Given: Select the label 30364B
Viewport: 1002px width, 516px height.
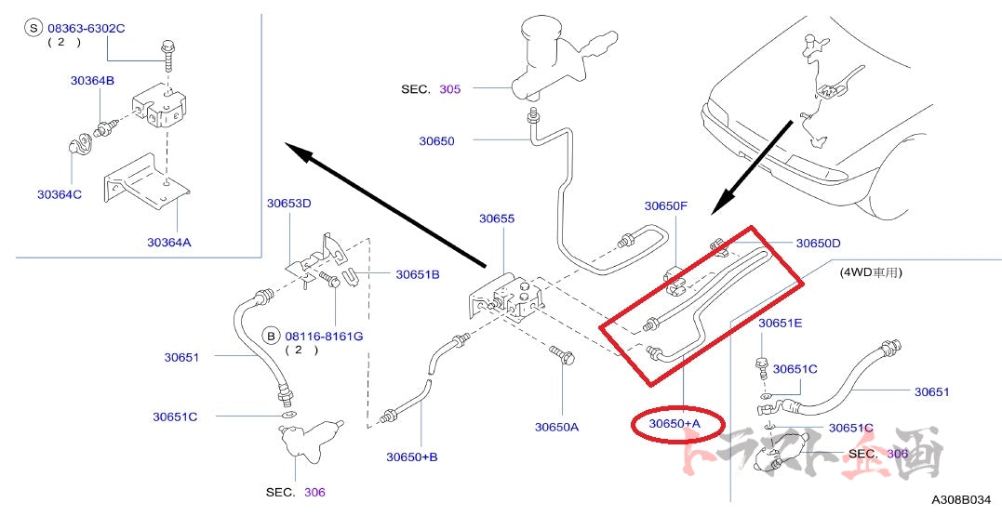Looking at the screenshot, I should tap(92, 81).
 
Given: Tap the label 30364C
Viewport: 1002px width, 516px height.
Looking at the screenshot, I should tap(60, 194).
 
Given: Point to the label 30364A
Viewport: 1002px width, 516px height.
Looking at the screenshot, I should tap(168, 243).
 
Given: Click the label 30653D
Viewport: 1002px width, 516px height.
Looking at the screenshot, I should tap(288, 203).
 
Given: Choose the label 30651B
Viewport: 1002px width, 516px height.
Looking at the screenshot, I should tap(418, 274).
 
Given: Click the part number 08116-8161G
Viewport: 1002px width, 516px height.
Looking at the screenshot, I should tap(324, 336).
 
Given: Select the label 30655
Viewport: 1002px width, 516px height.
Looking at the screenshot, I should tap(497, 219).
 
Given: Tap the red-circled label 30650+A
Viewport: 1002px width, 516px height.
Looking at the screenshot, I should tap(675, 424).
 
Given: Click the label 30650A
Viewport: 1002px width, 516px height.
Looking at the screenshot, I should tap(556, 427).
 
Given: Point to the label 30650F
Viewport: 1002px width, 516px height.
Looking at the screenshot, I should tap(666, 206).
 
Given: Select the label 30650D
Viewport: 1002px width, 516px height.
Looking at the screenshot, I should tap(818, 244).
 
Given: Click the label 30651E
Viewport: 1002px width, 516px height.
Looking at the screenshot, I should tap(780, 324).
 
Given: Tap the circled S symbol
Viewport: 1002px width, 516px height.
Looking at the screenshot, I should tap(34, 29).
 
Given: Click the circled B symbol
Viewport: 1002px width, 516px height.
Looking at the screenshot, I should tap(271, 336).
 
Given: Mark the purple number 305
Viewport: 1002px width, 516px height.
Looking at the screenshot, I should tap(449, 89).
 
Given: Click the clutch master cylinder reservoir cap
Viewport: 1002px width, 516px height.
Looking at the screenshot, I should tap(541, 25).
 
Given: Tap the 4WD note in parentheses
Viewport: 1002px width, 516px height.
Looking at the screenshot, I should tap(872, 273).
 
